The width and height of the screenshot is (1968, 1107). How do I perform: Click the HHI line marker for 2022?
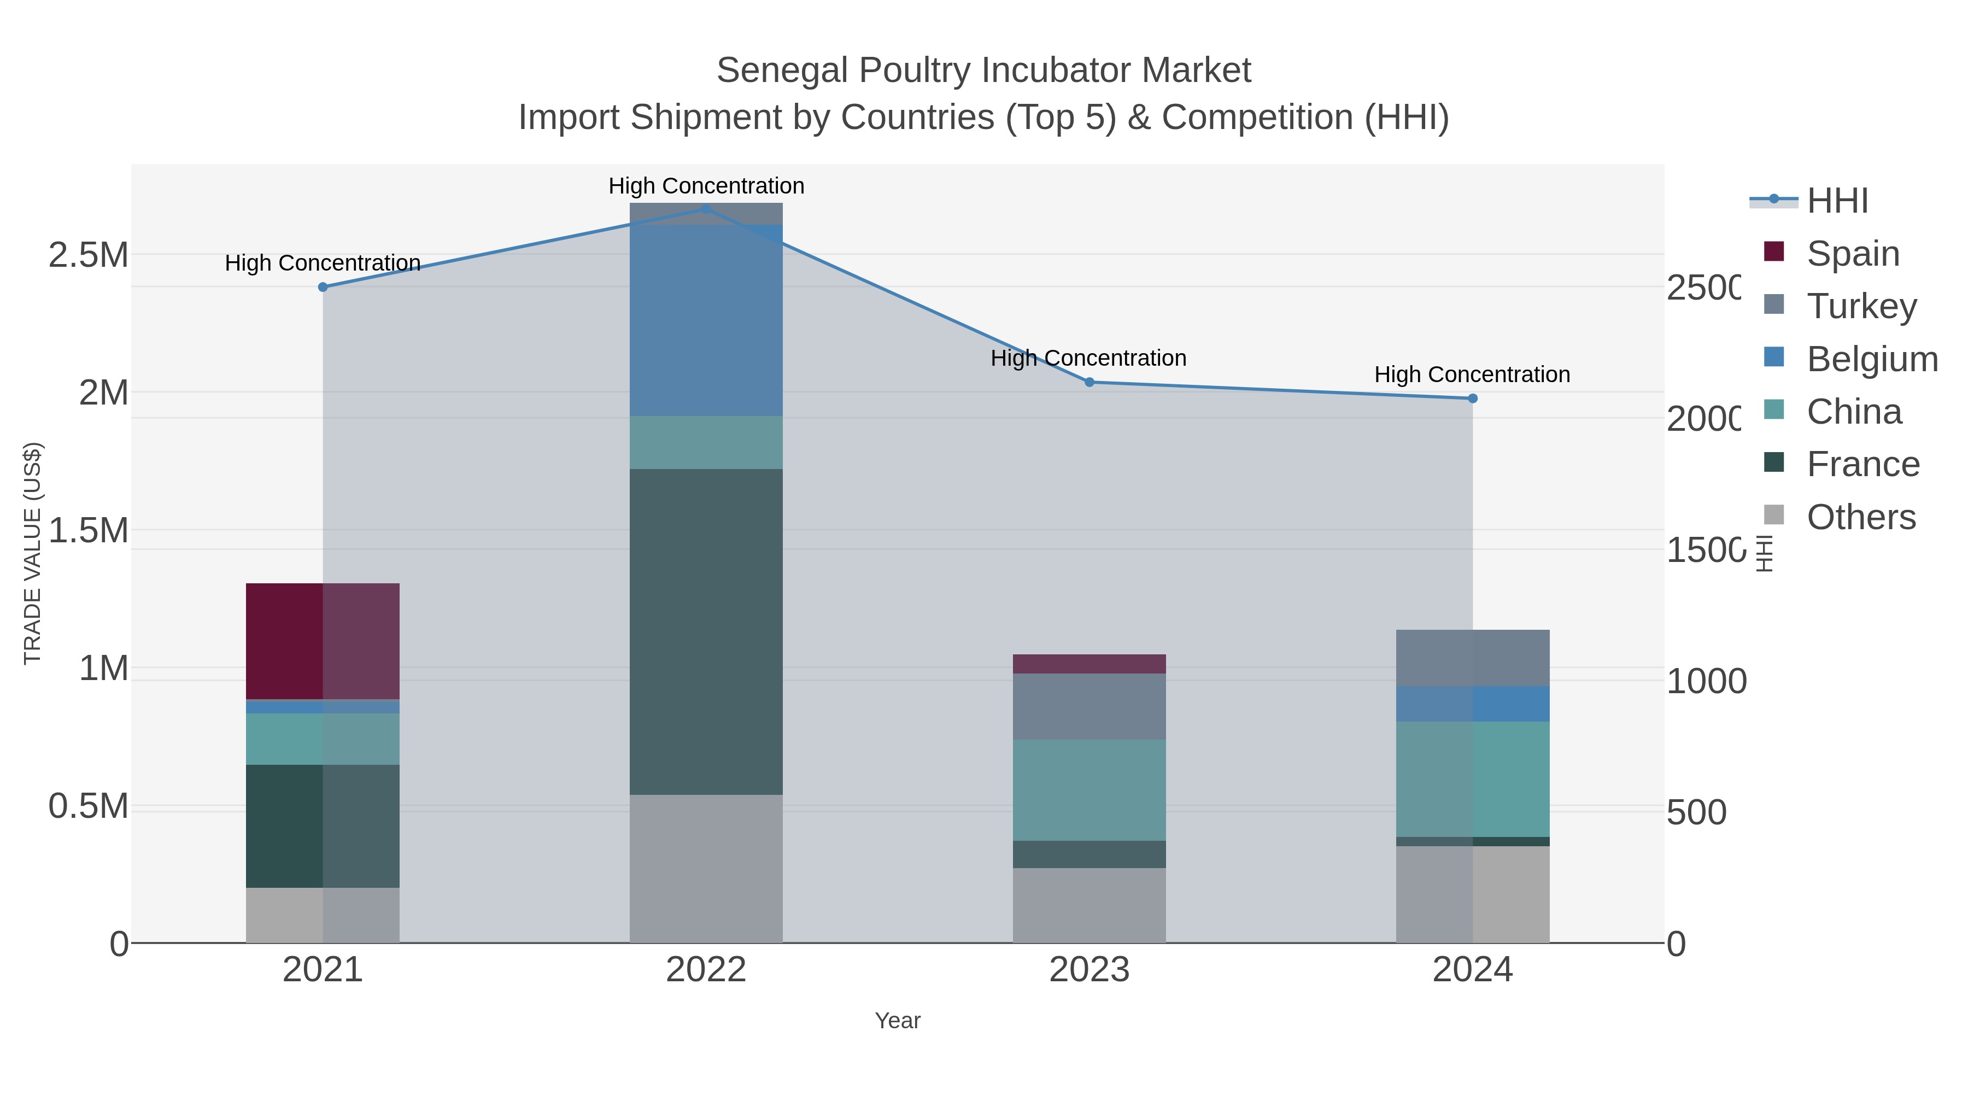click(x=706, y=209)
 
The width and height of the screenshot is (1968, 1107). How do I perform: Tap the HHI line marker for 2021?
click(x=323, y=287)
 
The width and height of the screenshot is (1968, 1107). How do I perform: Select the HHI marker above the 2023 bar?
click(x=1090, y=382)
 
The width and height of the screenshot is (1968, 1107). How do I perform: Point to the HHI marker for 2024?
click(x=1473, y=398)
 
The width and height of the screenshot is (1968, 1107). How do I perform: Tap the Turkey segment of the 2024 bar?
click(x=1473, y=657)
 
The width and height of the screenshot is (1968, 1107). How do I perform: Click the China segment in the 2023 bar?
click(x=1090, y=789)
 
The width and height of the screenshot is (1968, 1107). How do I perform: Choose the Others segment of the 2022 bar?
click(x=706, y=868)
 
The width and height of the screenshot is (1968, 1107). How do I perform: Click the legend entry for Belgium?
click(x=1872, y=359)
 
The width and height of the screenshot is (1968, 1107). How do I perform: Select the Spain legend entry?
click(x=1853, y=254)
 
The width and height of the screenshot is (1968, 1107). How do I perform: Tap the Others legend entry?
click(x=1860, y=517)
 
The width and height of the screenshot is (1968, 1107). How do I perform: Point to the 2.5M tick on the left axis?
click(x=89, y=255)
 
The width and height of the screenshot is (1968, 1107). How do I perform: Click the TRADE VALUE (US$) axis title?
click(x=32, y=553)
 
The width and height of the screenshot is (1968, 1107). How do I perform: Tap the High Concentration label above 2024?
click(x=1472, y=374)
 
